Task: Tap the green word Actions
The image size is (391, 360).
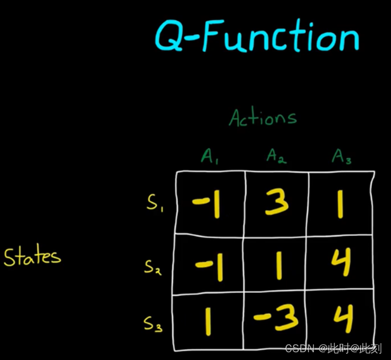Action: (263, 117)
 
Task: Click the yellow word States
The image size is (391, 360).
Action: (32, 257)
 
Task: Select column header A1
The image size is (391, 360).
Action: (210, 157)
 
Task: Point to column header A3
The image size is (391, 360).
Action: (341, 157)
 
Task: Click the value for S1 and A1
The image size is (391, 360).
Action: (207, 205)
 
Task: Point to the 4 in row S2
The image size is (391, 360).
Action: (342, 264)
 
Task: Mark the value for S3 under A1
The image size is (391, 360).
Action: (208, 322)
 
